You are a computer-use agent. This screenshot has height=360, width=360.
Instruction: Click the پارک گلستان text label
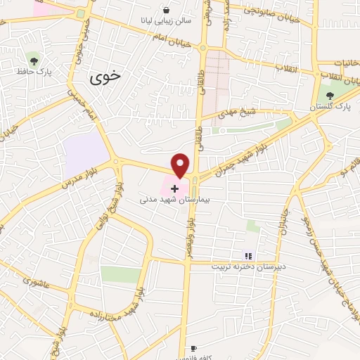(333, 106)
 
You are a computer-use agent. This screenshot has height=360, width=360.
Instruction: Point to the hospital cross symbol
(174, 188)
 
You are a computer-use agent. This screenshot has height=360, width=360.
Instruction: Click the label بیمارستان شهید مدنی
(174, 200)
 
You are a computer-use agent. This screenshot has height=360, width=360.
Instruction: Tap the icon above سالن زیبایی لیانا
(166, 11)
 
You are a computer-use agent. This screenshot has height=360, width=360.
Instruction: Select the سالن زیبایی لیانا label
(166, 22)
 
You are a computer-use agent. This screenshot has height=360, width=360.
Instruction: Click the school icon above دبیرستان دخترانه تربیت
(247, 255)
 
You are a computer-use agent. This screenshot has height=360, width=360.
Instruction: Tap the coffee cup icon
(193, 349)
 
